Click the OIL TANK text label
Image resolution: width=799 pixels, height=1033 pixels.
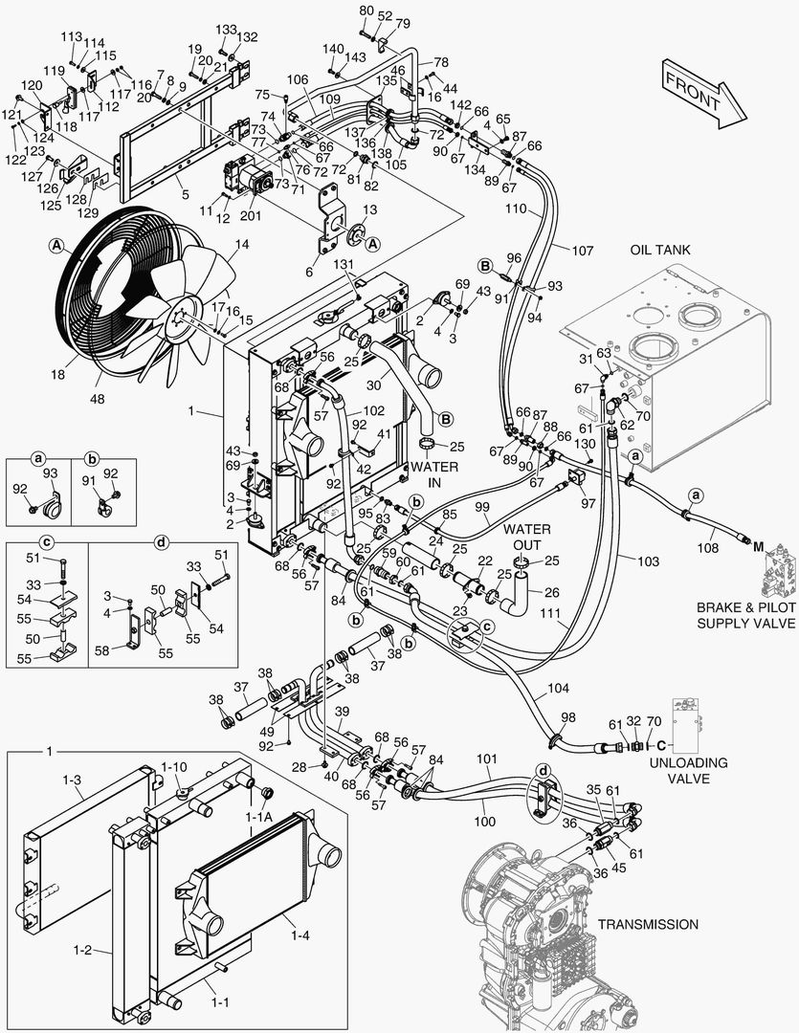pos(661,250)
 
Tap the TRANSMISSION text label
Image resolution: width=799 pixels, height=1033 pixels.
pos(648,924)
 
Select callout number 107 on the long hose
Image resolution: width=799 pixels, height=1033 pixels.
pos(583,251)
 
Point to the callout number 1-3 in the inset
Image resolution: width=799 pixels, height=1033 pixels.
pos(72,781)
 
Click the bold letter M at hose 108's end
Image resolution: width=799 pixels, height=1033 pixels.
pos(757,546)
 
